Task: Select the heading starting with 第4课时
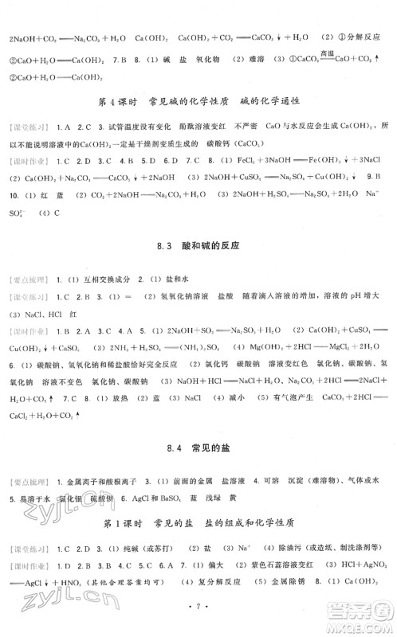198,100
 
